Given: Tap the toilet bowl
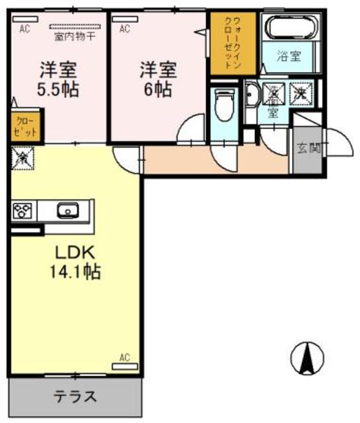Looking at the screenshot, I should (x=223, y=104).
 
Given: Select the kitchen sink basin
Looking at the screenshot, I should (x=67, y=211).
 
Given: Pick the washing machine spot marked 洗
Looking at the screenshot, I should (x=300, y=94).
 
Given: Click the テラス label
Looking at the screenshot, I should (x=75, y=397).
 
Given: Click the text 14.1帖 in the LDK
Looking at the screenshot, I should (x=74, y=270).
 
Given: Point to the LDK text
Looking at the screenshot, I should (x=74, y=251).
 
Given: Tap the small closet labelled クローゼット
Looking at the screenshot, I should (x=25, y=128).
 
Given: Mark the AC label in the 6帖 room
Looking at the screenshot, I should (x=124, y=28).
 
